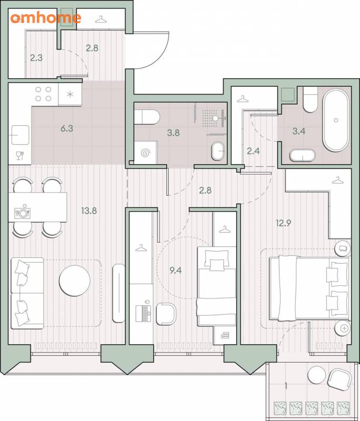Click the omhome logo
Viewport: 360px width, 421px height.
point(46,18)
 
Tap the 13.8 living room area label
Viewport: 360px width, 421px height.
point(89,211)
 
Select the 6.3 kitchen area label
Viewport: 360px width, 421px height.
point(66,128)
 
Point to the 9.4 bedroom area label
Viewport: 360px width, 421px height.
point(176,270)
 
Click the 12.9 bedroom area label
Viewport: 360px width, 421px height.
point(283,223)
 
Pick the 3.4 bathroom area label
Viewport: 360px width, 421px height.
point(299,131)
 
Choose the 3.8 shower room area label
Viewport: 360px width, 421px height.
point(173,133)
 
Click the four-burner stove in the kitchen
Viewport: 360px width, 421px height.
point(43,94)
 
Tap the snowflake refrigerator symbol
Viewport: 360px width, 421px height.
point(70,94)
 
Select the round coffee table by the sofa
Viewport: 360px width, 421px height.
point(75,280)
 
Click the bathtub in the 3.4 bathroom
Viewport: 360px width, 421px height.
point(336,121)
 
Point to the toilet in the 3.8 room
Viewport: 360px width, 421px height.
point(147,117)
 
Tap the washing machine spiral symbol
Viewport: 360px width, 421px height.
point(145,153)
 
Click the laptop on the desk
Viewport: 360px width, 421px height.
point(143,310)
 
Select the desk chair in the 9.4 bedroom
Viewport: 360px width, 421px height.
point(166,314)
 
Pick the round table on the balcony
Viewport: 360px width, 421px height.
point(316,375)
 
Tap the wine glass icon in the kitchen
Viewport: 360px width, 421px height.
point(19,155)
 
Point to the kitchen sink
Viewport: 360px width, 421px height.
point(20,135)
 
